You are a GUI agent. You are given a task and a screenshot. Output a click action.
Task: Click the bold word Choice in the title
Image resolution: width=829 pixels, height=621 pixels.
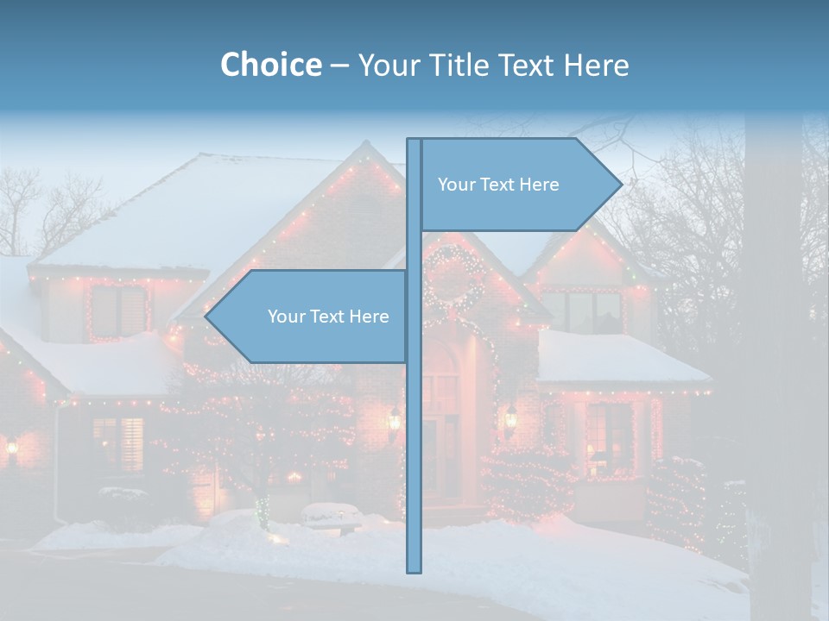point(270,65)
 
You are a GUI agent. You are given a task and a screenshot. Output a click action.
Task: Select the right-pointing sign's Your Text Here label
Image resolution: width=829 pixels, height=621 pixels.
point(498,185)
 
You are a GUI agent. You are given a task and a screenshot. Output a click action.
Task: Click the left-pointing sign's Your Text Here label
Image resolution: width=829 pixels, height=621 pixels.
point(328,317)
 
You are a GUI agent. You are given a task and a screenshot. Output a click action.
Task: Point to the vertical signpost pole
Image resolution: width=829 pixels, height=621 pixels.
point(414,431)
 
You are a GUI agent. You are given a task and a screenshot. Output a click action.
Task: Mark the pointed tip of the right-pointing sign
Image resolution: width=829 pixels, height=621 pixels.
point(620,184)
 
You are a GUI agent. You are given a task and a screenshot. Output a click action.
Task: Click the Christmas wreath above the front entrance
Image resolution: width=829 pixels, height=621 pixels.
point(452,278)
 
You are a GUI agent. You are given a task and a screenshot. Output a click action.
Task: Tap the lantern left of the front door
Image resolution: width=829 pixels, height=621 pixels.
point(394,420)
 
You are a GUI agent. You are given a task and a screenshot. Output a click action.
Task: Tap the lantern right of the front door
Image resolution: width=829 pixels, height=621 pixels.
point(510,417)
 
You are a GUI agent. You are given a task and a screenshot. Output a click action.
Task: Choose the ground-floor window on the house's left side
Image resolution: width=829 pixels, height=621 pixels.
point(118,445)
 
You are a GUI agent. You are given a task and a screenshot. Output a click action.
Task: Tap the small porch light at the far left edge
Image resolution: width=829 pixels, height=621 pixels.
point(12,447)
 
